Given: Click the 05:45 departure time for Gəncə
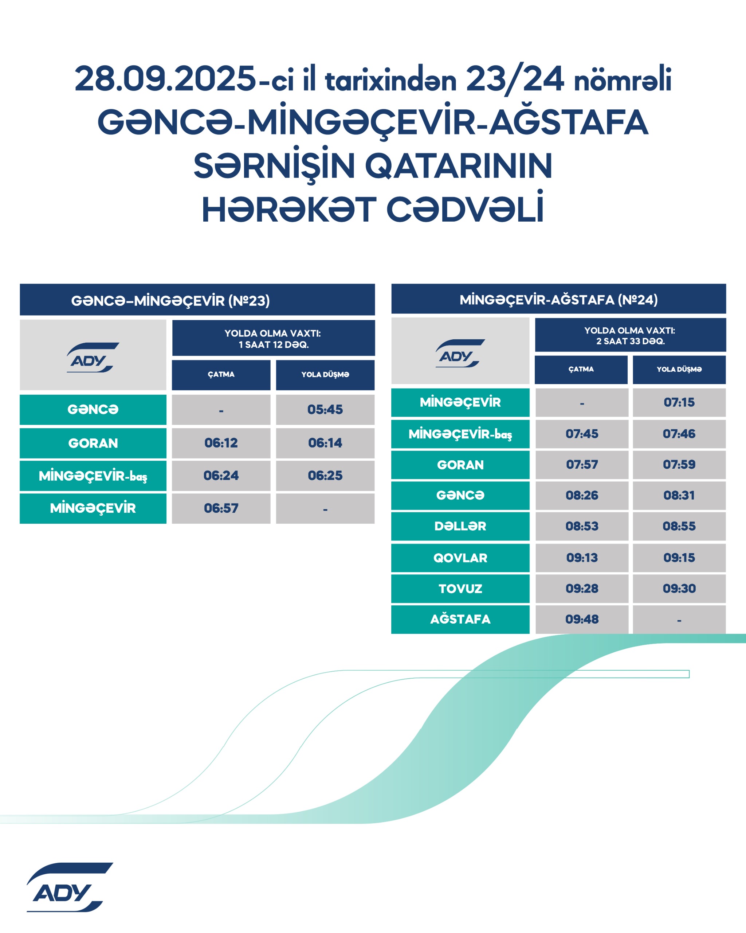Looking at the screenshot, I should (325, 409).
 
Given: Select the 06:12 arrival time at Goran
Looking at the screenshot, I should (221, 443).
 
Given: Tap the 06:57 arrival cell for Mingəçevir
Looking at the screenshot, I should (221, 508).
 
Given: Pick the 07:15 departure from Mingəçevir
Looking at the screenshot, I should (679, 402).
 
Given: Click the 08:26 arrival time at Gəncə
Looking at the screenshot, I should (582, 495).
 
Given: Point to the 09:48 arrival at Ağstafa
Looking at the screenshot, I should (582, 619).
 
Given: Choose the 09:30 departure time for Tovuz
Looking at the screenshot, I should (679, 589).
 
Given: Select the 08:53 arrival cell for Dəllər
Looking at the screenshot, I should (582, 526).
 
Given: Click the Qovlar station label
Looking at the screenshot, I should (460, 558).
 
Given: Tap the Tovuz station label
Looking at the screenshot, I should (460, 589).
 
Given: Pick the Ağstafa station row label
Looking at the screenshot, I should (460, 619).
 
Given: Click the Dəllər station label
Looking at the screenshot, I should (460, 526).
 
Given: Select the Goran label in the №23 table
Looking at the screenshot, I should (93, 443).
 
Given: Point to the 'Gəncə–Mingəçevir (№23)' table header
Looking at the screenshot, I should (170, 300).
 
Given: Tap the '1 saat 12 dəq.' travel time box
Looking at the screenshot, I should (273, 339).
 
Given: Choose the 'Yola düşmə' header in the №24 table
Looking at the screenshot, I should (679, 369).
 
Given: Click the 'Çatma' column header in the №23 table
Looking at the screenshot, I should (221, 374).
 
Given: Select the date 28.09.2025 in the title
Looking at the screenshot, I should (165, 79).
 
